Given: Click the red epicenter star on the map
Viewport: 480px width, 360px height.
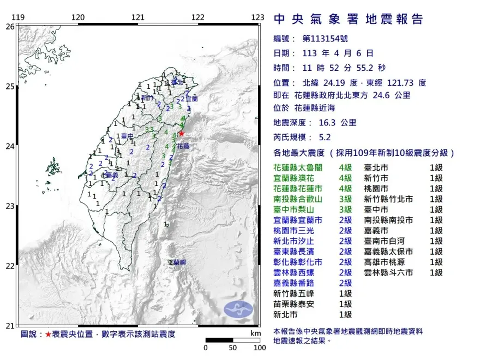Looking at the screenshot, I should tap(182, 133).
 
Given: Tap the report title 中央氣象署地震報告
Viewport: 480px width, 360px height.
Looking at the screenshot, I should tap(349, 20).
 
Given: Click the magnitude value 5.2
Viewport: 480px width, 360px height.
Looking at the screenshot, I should tap(325, 139).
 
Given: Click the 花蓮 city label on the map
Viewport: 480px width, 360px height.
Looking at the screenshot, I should tap(183, 146).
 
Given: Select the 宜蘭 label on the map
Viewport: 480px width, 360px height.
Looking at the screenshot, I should tap(191, 99).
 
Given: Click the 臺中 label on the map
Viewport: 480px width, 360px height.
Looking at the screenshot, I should tap(127, 136).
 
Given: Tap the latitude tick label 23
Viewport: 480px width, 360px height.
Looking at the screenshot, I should tap(10, 206).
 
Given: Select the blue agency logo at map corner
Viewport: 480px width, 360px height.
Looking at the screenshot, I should tap(239, 308).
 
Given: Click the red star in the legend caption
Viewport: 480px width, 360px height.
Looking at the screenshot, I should tap(49, 334).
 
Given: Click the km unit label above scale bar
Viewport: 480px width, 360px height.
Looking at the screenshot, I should tap(255, 333).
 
